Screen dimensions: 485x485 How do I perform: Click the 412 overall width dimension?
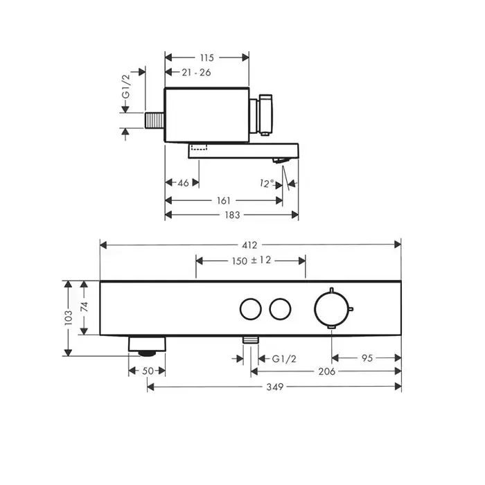click(250, 245)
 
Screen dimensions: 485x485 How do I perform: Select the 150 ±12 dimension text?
click(250, 261)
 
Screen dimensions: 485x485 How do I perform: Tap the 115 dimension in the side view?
click(206, 58)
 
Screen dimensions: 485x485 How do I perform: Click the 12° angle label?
click(267, 183)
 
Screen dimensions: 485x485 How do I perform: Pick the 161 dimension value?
click(222, 200)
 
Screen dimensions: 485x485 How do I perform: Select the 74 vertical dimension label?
click(85, 307)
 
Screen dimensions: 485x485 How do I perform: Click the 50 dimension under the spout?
click(147, 371)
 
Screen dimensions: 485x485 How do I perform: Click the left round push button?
click(248, 308)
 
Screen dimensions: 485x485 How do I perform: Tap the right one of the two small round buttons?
click(280, 308)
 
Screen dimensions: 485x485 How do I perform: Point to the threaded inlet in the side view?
click(155, 118)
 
